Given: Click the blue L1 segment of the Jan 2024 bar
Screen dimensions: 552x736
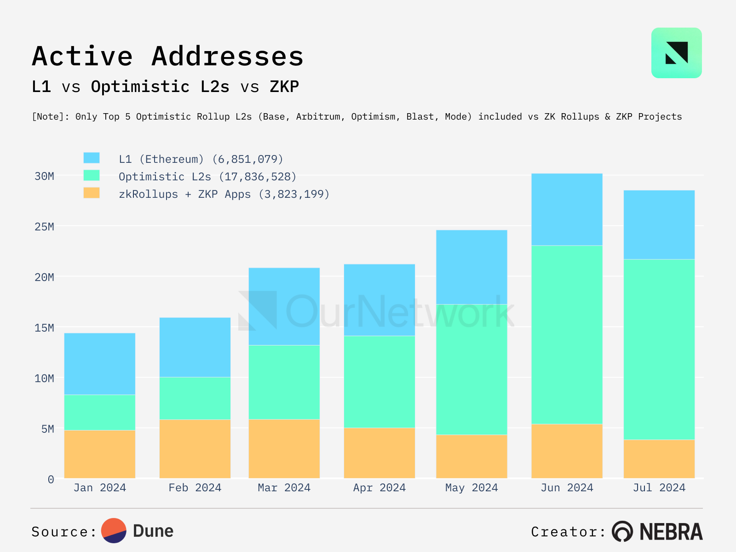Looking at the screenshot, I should pos(100,364).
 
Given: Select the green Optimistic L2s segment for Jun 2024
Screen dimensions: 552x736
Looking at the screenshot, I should pos(567,334).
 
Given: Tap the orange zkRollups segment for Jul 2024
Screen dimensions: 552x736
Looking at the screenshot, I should pos(659,459).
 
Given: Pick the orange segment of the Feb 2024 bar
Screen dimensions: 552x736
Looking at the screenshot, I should pos(195,448).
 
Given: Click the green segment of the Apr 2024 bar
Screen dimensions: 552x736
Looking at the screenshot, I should pos(379,382).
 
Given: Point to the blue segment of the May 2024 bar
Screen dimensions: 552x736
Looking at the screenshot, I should pos(471,267).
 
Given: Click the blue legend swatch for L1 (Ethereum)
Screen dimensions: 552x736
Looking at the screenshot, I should pos(92,158).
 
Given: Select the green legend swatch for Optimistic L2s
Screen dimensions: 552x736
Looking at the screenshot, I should pos(92,175).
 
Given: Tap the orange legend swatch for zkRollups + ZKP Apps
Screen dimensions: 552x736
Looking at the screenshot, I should pos(92,193).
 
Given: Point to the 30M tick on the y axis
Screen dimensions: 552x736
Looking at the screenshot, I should pos(45,176).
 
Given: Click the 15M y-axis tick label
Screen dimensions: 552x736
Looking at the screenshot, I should pos(45,328).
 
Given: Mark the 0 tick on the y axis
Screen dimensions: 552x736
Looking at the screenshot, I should pos(51,480).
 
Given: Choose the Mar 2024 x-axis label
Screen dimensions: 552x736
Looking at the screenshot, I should pos(284,488).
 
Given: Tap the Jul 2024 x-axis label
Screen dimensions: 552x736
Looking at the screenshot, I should pos(659,488).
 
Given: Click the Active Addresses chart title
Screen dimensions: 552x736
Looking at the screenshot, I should pos(168,56).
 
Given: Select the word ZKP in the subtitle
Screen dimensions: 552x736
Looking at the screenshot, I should pos(284,86).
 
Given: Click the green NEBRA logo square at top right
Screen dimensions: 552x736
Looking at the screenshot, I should pos(676,53).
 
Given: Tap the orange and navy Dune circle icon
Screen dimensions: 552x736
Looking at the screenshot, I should pos(114,531).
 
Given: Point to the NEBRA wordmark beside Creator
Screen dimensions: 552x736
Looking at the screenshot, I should pos(671,532).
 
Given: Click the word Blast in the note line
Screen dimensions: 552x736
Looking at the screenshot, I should pos(420,117).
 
